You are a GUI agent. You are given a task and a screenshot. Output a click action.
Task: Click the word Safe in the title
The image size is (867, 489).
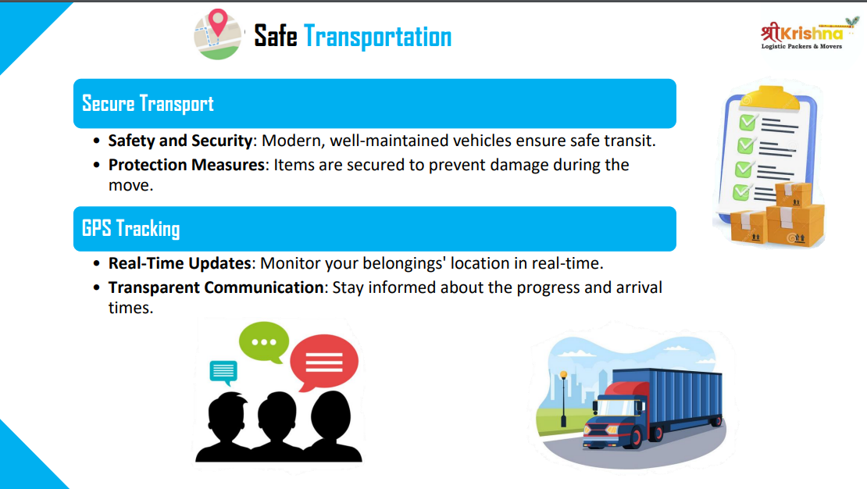(276, 36)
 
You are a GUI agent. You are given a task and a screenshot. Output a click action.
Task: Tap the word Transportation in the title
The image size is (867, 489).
(378, 37)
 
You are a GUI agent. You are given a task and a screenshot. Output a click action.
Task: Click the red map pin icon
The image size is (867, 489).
(218, 22)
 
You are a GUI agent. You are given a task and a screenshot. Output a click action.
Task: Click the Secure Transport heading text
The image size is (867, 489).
(148, 104)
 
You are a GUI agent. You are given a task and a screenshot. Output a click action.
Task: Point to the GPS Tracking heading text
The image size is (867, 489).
(130, 228)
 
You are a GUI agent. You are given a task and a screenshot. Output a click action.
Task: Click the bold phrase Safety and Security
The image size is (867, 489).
(180, 141)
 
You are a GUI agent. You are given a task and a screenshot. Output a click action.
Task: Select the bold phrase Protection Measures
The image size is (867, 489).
(187, 165)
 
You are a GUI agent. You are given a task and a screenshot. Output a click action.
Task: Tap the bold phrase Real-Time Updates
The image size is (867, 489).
(180, 263)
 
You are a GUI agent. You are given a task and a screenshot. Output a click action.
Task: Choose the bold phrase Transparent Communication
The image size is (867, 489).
(216, 287)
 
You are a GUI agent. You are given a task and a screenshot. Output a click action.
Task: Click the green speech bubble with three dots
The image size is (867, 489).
(264, 342)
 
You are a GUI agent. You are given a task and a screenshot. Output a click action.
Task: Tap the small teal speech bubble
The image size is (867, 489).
(223, 372)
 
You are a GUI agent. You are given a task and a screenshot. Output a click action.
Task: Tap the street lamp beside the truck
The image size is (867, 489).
(563, 398)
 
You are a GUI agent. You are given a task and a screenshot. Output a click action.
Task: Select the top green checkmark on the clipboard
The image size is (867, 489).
(748, 122)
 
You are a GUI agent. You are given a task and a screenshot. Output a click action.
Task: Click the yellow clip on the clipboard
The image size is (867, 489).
(772, 98)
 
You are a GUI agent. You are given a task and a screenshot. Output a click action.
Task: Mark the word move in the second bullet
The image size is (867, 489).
(130, 186)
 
